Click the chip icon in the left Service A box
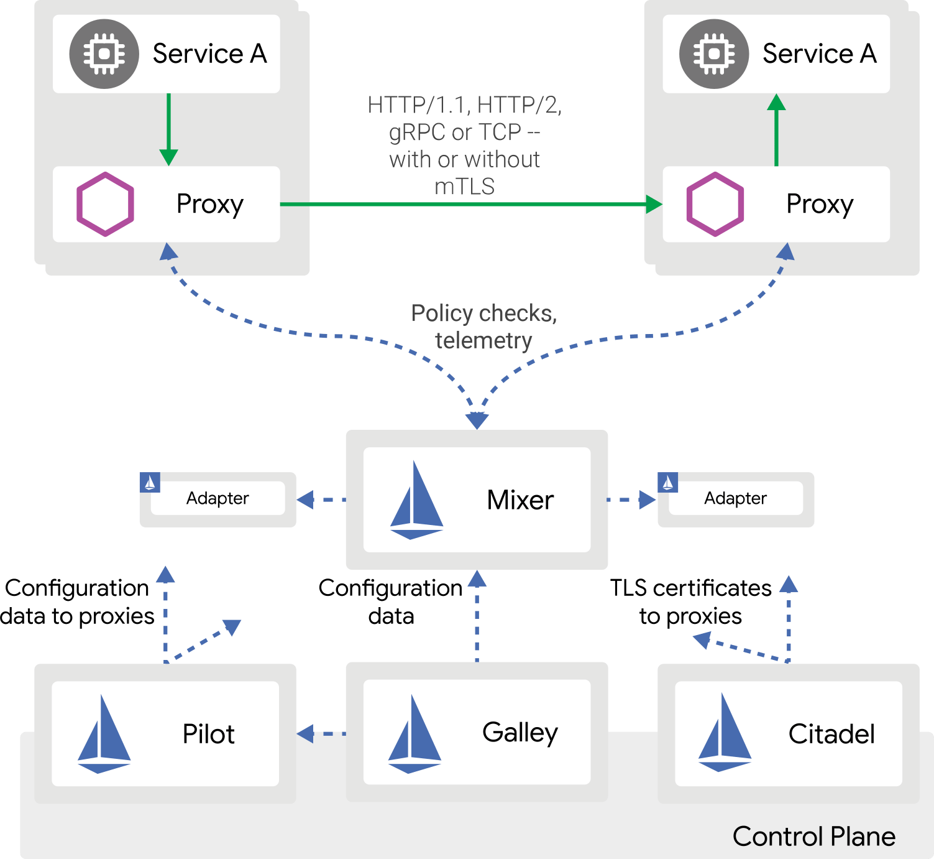pos(104,54)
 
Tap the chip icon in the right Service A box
pos(714,54)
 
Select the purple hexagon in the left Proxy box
pos(105,204)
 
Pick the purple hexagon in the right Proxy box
pos(715,204)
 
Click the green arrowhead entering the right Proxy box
pos(653,204)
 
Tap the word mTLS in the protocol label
pos(464,186)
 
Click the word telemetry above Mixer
pos(483,341)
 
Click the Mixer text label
pos(520,500)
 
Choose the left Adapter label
pos(217,498)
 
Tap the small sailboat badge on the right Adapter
pos(668,483)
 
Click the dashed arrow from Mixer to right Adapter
pos(631,499)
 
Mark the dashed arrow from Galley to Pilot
pos(321,734)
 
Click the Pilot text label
pos(208,734)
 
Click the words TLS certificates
pos(690,588)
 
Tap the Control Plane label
pos(813,837)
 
